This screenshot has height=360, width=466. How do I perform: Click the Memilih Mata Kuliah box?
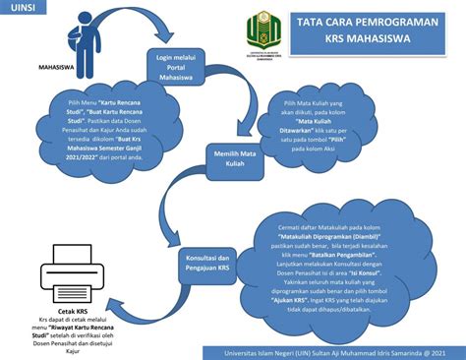tap(234, 158)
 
